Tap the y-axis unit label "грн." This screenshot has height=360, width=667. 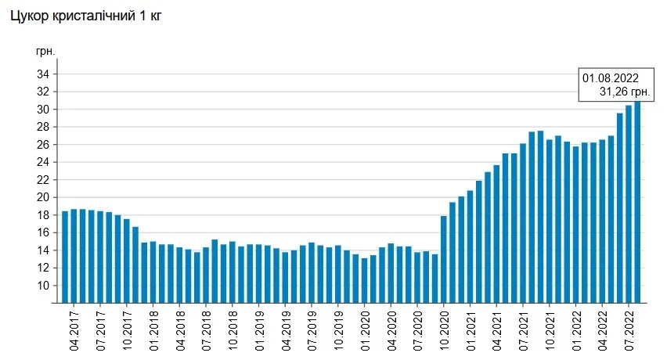click(x=45, y=51)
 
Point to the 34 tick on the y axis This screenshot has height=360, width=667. click(x=42, y=74)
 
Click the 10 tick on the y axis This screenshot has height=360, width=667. click(x=42, y=285)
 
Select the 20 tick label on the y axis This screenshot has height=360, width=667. click(x=42, y=197)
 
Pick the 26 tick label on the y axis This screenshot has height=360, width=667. click(x=42, y=145)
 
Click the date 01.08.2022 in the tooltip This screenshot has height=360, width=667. click(x=611, y=78)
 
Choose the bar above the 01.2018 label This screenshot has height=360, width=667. click(x=153, y=272)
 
